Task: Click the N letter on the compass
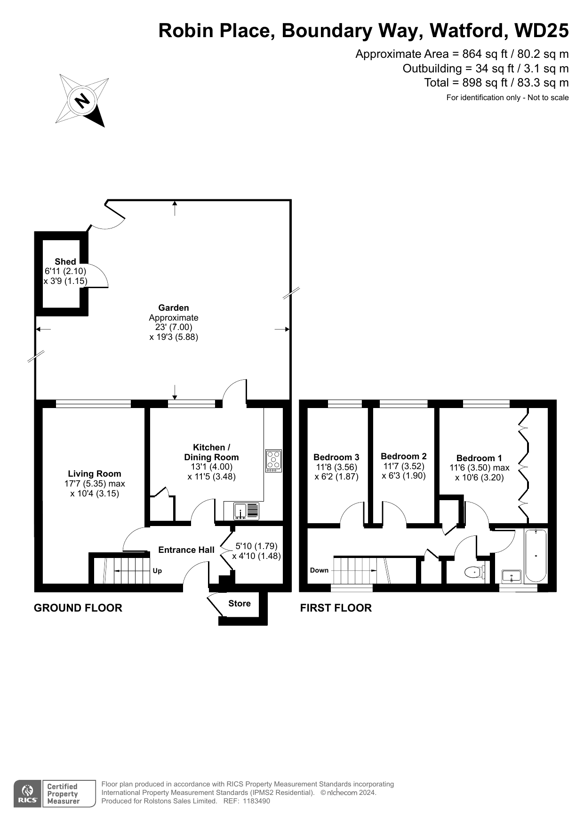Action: pyautogui.click(x=82, y=101)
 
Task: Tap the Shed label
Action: pyautogui.click(x=65, y=262)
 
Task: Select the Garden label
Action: pyautogui.click(x=174, y=308)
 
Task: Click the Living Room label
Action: pyautogui.click(x=95, y=474)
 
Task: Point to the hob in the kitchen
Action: pyautogui.click(x=274, y=461)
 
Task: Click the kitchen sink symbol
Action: pyautogui.click(x=246, y=511)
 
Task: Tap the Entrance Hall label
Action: pyautogui.click(x=186, y=550)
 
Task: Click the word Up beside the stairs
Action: pyautogui.click(x=157, y=571)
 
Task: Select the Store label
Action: pyautogui.click(x=240, y=604)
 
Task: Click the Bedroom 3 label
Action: pyautogui.click(x=336, y=457)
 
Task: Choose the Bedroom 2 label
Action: pyautogui.click(x=404, y=456)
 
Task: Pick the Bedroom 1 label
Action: pyautogui.click(x=479, y=458)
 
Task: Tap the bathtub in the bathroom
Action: pyautogui.click(x=536, y=556)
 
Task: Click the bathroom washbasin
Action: pyautogui.click(x=512, y=576)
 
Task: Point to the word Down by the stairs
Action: pyautogui.click(x=319, y=570)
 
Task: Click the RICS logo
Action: pyautogui.click(x=28, y=794)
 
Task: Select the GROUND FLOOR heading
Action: pyautogui.click(x=78, y=608)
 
